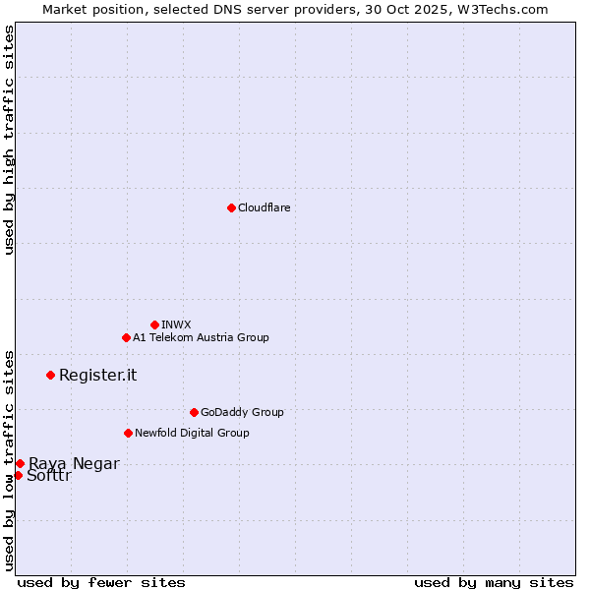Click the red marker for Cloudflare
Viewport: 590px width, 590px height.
point(231,207)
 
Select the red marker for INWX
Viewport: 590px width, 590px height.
point(154,324)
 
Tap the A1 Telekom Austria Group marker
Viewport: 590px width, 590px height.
point(126,337)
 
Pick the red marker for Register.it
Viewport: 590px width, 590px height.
point(50,375)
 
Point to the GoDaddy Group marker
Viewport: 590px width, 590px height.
point(194,412)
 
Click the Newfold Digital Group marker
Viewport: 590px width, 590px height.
point(128,433)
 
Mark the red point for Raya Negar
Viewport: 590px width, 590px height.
point(20,463)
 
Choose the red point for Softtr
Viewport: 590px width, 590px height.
point(18,475)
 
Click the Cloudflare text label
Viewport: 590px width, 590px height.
point(264,207)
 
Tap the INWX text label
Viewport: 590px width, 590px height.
point(176,324)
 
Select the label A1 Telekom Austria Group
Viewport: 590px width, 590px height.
point(201,337)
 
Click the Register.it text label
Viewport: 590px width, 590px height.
point(97,375)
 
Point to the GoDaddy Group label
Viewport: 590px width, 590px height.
point(242,412)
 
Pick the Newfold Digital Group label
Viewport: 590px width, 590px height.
point(192,433)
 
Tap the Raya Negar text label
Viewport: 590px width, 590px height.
point(74,463)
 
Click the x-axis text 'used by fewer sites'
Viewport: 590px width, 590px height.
point(101,582)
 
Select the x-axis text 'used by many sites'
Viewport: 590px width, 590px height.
point(494,582)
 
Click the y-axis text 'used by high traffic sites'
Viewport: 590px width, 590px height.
point(9,140)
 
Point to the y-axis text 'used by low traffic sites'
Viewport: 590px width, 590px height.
point(9,459)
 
